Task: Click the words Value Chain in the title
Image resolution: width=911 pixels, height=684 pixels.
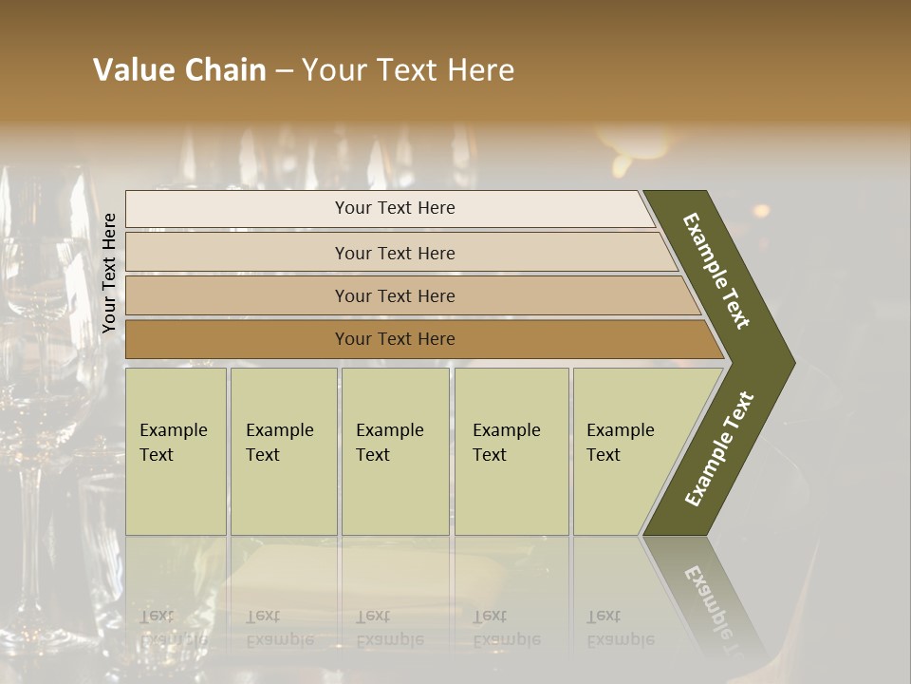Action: tap(179, 70)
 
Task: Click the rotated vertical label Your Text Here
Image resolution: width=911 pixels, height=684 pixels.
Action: tap(109, 273)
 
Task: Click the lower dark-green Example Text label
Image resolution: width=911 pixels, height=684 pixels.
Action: tap(719, 448)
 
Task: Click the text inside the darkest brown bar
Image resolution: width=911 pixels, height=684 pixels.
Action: tap(395, 339)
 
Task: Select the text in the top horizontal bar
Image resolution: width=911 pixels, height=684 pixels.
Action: tap(395, 208)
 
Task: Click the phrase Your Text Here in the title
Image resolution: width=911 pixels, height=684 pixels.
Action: tap(408, 70)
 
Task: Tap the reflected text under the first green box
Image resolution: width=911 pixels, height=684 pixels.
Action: tap(173, 627)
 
